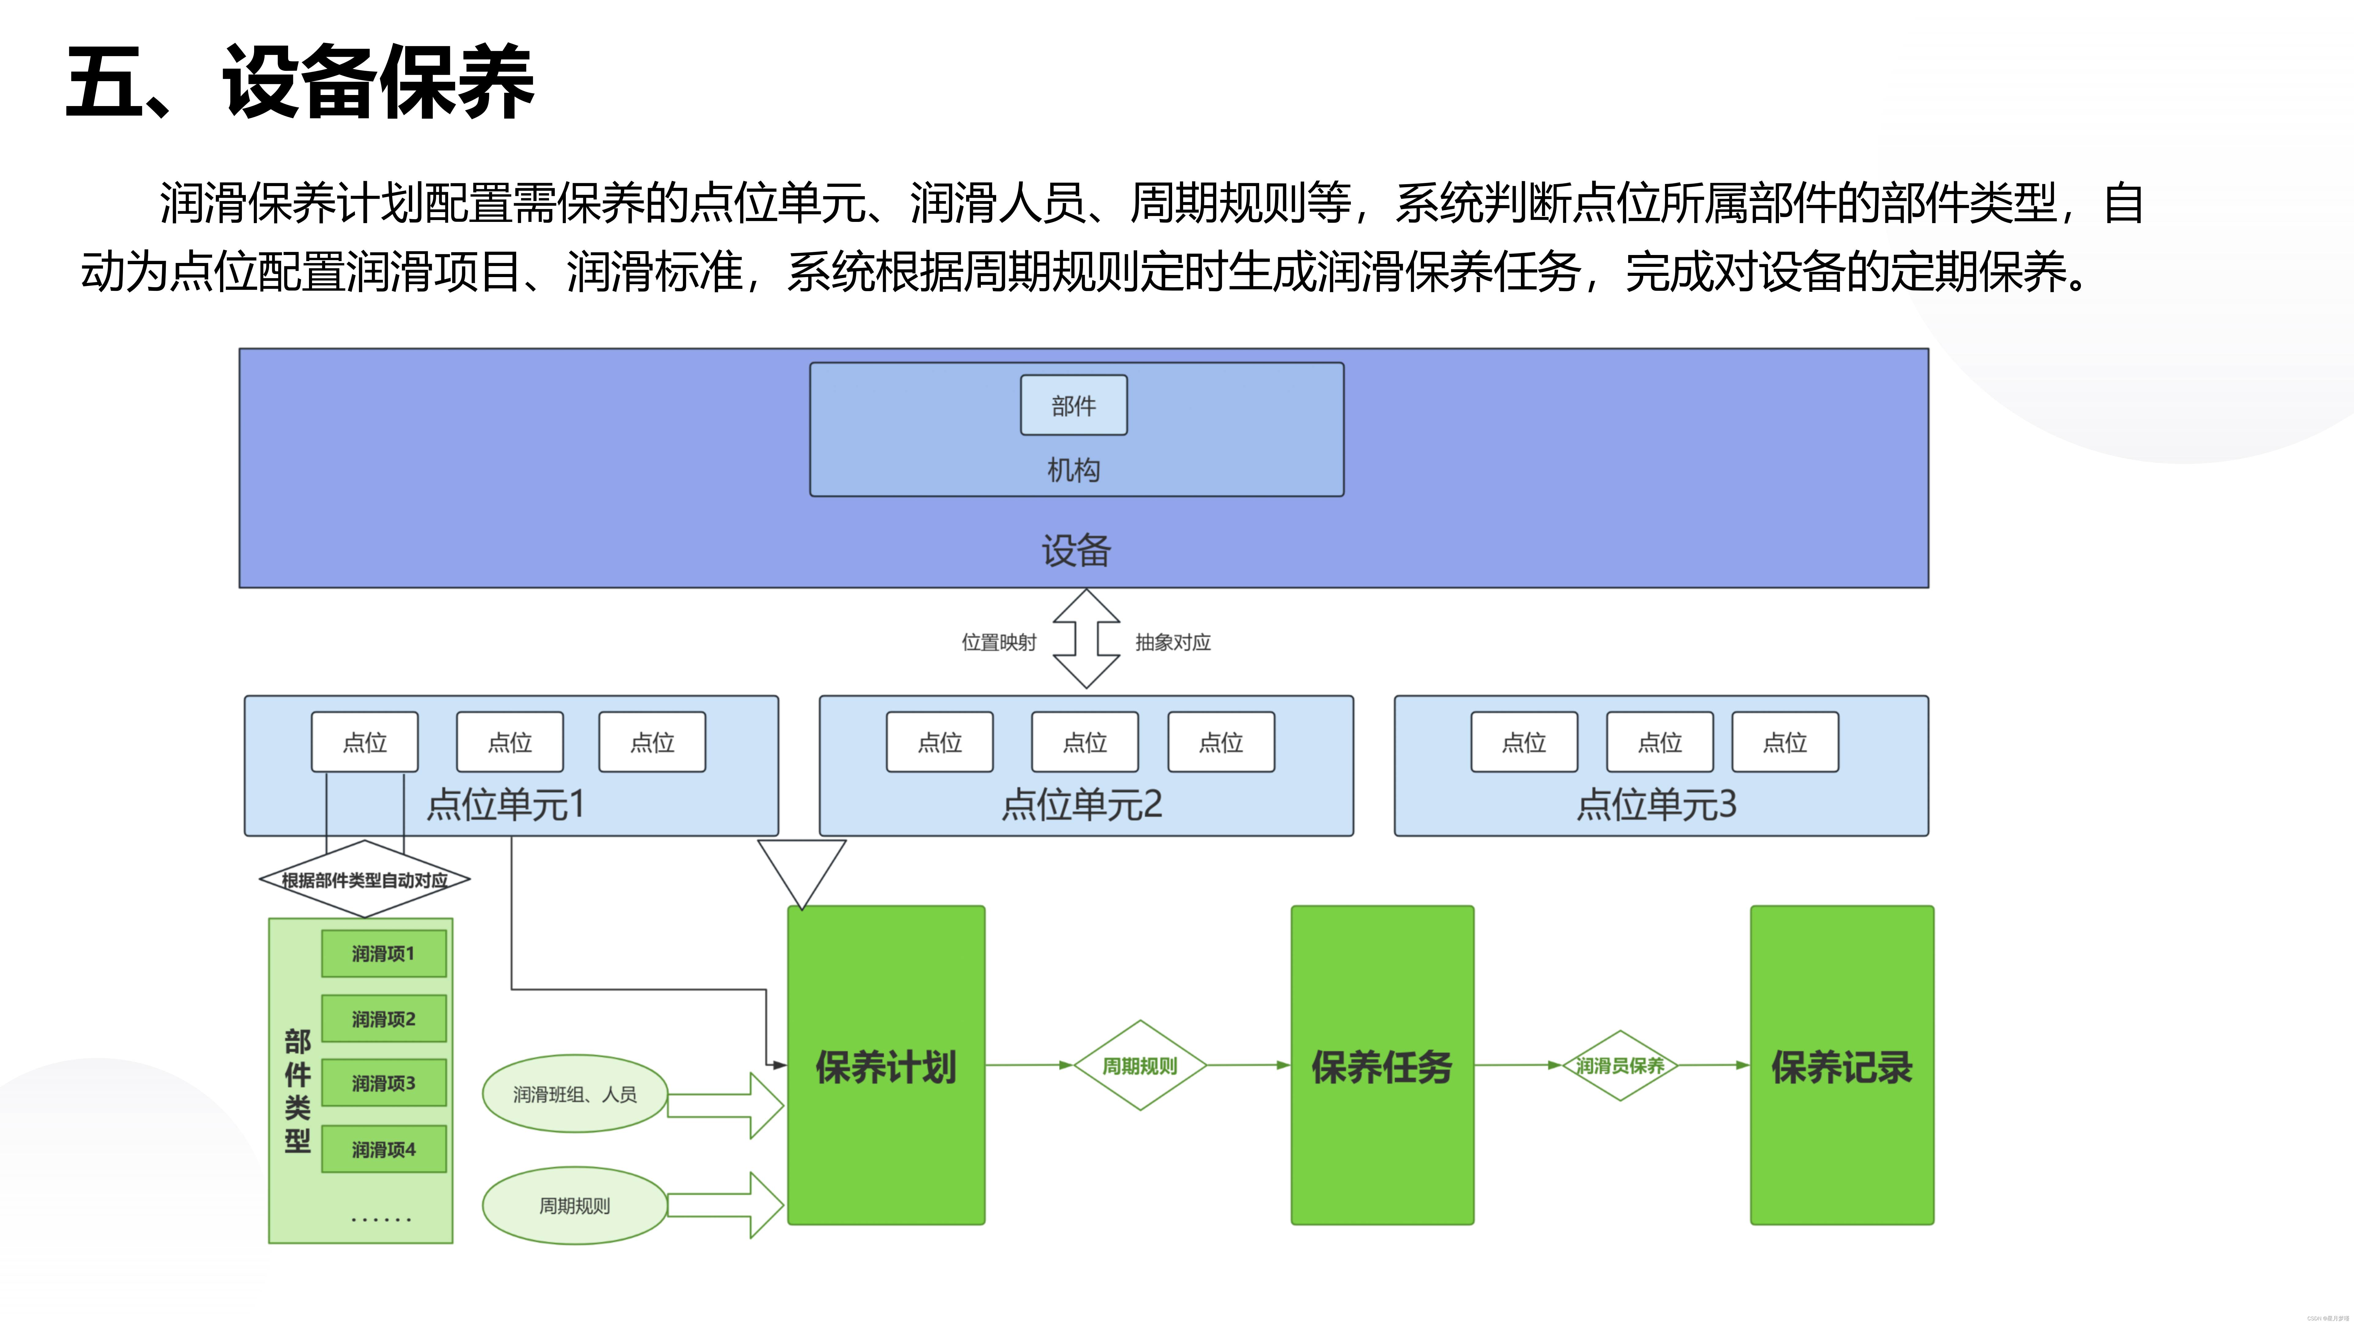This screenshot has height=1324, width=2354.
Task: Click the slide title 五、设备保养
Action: tap(300, 82)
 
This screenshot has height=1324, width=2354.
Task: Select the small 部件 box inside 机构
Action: tap(1074, 406)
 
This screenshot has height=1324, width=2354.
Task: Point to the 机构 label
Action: tap(1074, 470)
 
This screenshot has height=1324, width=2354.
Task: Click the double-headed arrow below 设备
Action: tap(1086, 638)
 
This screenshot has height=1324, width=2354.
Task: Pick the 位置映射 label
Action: tap(999, 642)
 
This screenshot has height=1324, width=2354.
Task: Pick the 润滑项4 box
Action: tap(384, 1150)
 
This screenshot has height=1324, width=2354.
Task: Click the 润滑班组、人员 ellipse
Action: tap(575, 1094)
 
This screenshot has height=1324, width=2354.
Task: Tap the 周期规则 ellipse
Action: tap(575, 1205)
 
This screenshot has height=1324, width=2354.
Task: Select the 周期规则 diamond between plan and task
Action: tap(1140, 1065)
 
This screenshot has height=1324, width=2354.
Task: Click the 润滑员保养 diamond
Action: tap(1620, 1065)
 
